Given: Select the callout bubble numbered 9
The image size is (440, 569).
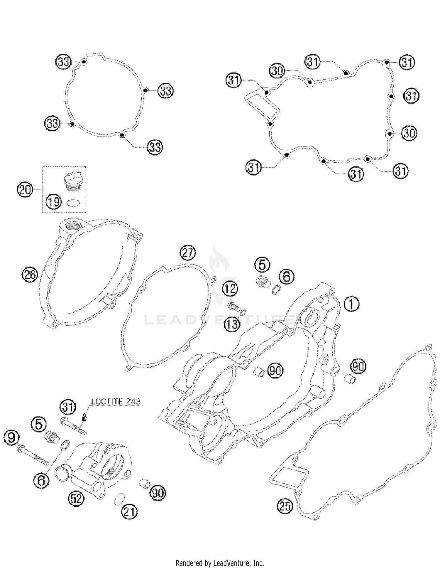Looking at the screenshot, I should pos(11,438).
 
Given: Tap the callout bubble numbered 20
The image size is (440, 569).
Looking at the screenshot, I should pos(25,190).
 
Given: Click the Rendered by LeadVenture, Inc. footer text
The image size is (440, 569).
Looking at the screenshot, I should pos(220,563).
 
